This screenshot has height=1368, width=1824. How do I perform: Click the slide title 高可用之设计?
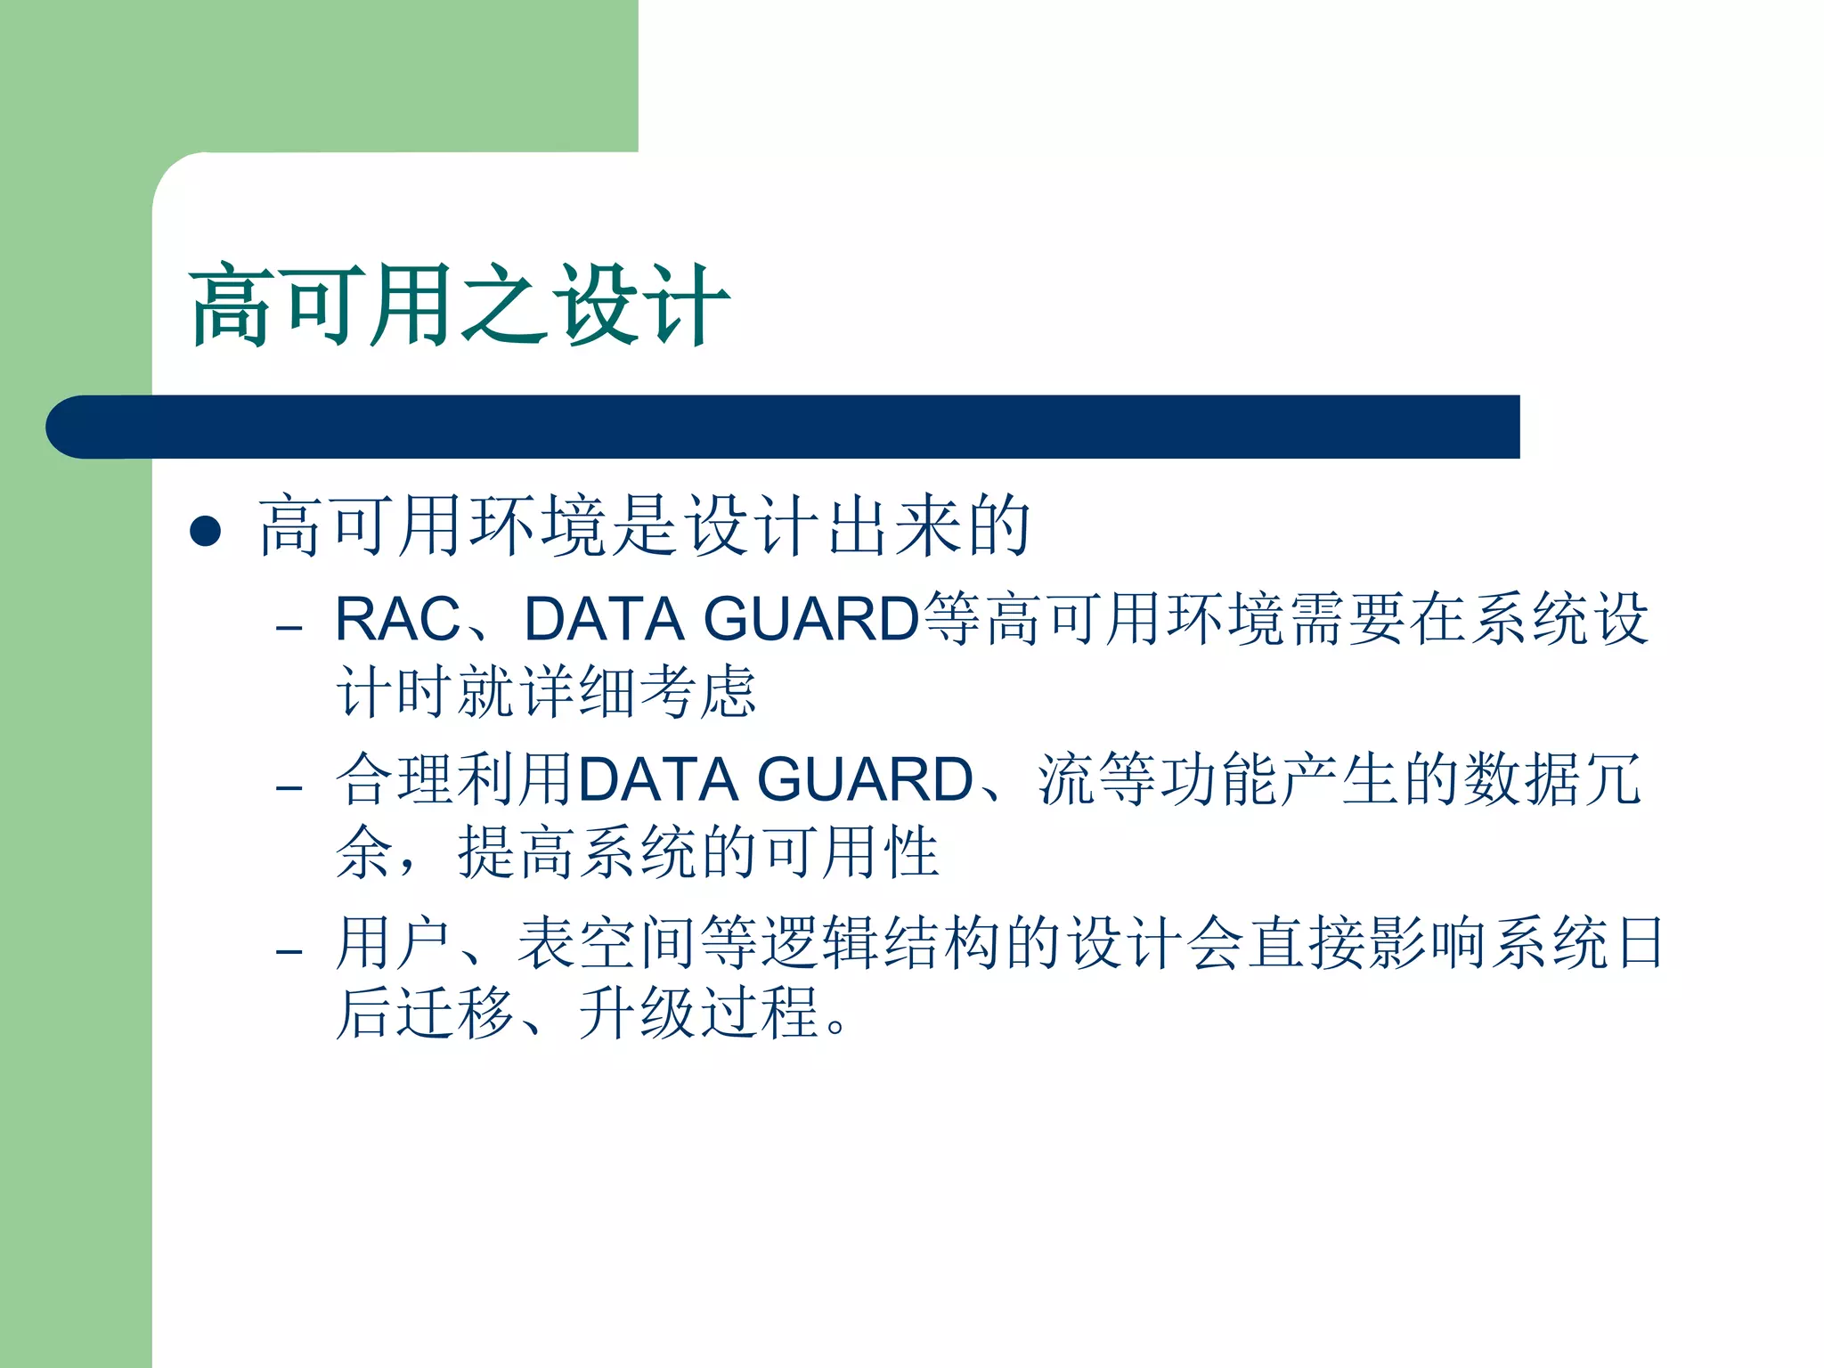(459, 305)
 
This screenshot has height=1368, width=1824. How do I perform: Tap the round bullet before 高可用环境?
(206, 531)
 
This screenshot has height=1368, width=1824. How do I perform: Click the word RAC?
(397, 619)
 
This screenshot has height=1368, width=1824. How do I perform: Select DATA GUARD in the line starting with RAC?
(721, 619)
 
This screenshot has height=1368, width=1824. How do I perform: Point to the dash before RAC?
(289, 628)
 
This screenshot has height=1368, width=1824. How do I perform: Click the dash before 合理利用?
(289, 788)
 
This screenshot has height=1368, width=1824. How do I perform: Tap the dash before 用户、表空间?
(289, 951)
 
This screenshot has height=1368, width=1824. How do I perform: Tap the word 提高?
(517, 852)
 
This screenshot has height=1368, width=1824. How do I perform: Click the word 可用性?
(851, 852)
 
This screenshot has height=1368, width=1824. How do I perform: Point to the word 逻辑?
(821, 942)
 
